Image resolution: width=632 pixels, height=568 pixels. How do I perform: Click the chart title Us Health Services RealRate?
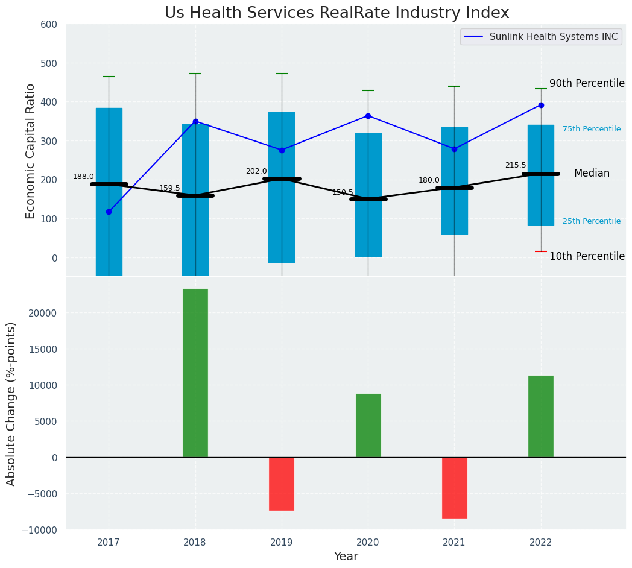pos(337,13)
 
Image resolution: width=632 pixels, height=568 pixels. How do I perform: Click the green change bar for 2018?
pos(195,373)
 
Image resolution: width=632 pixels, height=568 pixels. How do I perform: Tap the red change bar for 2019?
pos(282,484)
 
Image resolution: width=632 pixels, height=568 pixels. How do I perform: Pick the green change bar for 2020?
pos(368,425)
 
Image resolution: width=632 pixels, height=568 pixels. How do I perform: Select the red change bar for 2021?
pos(454,487)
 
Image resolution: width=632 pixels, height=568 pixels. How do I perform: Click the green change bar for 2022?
pos(541,416)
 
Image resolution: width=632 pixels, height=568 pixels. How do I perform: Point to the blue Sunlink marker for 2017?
pos(109,212)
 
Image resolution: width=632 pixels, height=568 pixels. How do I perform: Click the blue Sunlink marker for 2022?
pos(541,105)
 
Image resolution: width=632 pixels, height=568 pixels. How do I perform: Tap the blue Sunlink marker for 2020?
pos(368,116)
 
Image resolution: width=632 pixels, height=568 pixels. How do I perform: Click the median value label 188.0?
pos(83,177)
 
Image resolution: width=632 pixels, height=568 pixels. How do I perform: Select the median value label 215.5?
pos(516,165)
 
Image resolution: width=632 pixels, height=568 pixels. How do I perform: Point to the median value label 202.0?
pos(256,171)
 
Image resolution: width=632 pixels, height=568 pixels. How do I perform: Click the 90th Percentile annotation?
pos(587,83)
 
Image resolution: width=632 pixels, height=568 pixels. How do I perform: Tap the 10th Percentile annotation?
pos(587,256)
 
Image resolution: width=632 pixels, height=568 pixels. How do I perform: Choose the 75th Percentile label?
pos(592,129)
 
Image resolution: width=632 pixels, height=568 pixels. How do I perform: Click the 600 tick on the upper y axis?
pos(49,25)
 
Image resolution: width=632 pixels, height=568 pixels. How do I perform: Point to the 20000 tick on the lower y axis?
pos(41,313)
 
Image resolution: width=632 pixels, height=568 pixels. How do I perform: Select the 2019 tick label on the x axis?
pos(282,543)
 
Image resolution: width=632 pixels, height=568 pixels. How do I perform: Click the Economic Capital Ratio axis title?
pos(31,151)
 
